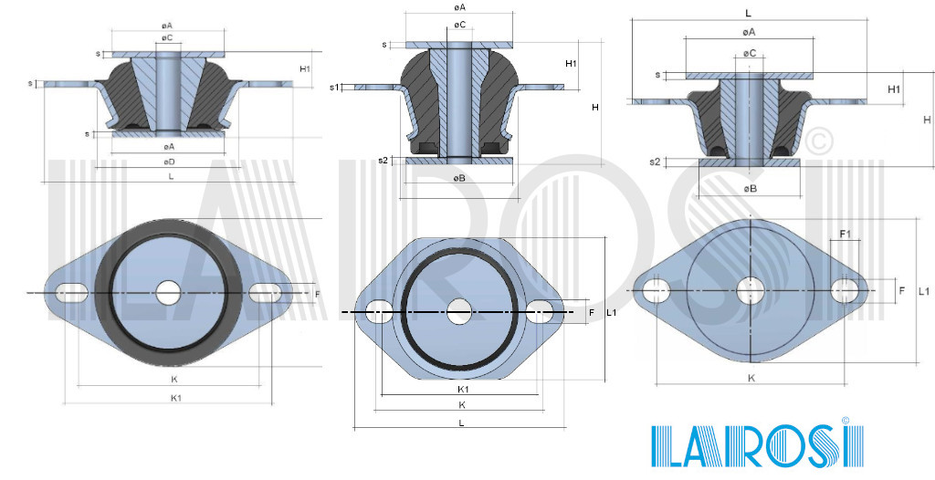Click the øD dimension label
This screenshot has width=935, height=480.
coord(169,162)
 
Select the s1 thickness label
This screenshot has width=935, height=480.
coord(334,88)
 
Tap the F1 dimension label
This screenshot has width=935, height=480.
coord(845,235)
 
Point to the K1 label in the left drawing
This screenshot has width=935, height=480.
coord(175,398)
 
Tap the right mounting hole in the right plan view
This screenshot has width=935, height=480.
coord(845,291)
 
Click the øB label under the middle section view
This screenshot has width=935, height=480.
coord(459,178)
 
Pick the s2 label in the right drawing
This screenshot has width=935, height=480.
coord(655,162)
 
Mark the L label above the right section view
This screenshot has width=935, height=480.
coord(748,13)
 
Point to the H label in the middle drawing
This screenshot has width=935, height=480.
coord(594,108)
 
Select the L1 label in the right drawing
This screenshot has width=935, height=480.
coord(923,291)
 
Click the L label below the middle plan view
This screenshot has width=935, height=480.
coord(461,423)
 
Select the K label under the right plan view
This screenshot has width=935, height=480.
coord(751,377)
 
